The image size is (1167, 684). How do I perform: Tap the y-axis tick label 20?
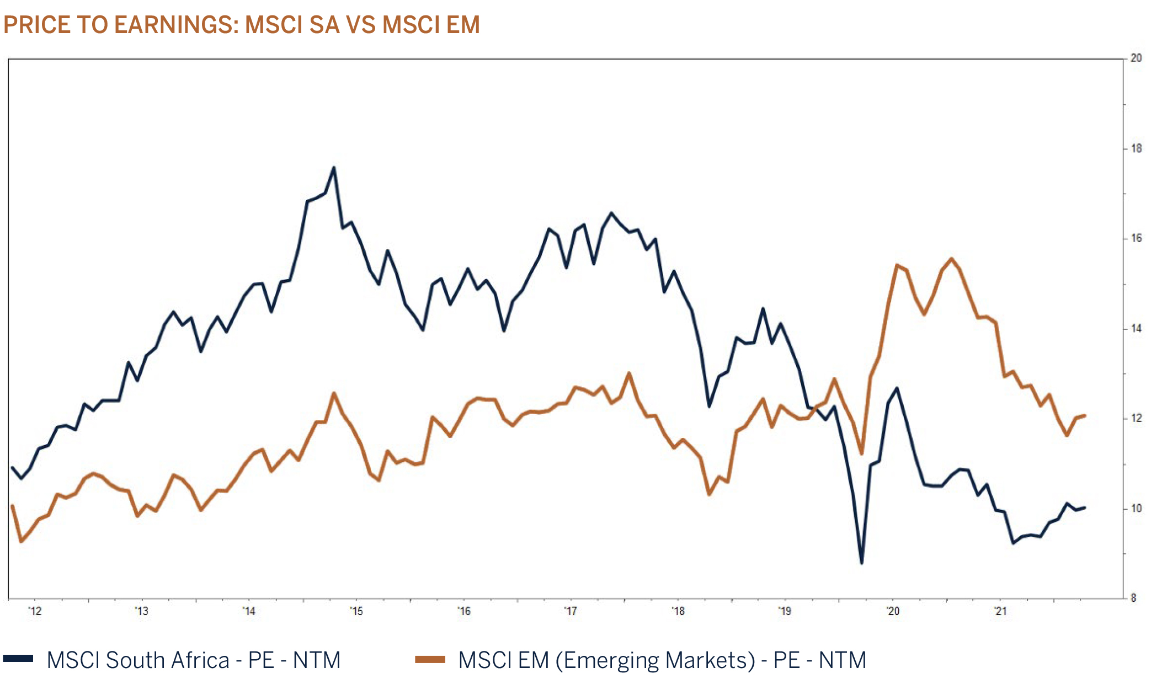click(x=1136, y=58)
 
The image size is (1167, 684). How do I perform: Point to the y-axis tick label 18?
click(x=1136, y=148)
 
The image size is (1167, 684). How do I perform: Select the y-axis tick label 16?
click(x=1136, y=238)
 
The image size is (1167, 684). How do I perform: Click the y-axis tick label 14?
click(x=1136, y=328)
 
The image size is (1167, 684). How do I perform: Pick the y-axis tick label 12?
click(x=1136, y=418)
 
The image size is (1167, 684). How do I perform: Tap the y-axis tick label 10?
click(x=1136, y=509)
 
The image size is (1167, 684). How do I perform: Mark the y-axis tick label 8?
click(x=1133, y=598)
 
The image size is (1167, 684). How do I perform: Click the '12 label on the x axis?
click(x=35, y=611)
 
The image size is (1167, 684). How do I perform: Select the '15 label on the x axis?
click(x=356, y=611)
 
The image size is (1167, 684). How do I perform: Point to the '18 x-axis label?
click(x=678, y=611)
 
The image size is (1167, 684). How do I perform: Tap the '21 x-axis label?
click(x=1000, y=611)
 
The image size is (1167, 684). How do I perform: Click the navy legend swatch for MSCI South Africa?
click(x=18, y=659)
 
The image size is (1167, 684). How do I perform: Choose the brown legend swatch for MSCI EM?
click(x=430, y=659)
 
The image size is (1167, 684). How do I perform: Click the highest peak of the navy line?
click(x=334, y=168)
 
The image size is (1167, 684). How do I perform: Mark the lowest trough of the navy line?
click(x=861, y=563)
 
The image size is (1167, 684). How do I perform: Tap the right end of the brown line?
click(x=1085, y=415)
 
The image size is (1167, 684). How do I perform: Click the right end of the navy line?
click(x=1085, y=507)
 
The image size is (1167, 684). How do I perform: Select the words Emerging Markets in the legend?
click(x=656, y=660)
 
